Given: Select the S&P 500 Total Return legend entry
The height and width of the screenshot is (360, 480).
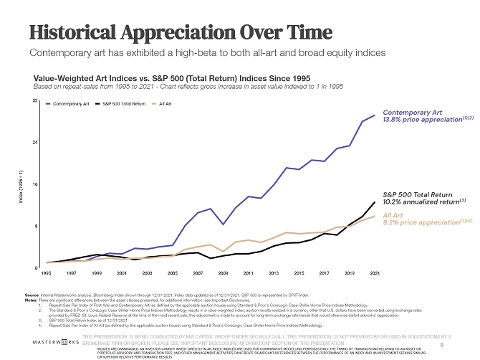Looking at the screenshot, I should (124, 104).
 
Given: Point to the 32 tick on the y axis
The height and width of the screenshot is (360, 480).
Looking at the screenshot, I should (35, 101).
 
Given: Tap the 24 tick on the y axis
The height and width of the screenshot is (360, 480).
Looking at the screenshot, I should (35, 143).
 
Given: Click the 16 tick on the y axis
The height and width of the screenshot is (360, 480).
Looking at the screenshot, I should (35, 184).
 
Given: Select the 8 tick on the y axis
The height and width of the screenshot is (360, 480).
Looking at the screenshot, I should (36, 226).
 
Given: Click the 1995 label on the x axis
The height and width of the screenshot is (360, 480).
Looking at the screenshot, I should (47, 273).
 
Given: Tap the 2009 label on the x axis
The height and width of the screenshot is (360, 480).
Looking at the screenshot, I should (223, 273).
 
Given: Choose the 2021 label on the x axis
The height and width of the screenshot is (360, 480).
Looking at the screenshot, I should (374, 273).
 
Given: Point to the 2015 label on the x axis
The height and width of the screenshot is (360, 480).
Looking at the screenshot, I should (299, 273).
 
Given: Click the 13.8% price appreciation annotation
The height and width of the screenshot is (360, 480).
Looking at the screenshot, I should (414, 120).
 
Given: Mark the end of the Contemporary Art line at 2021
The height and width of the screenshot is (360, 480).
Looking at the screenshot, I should (375, 115).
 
